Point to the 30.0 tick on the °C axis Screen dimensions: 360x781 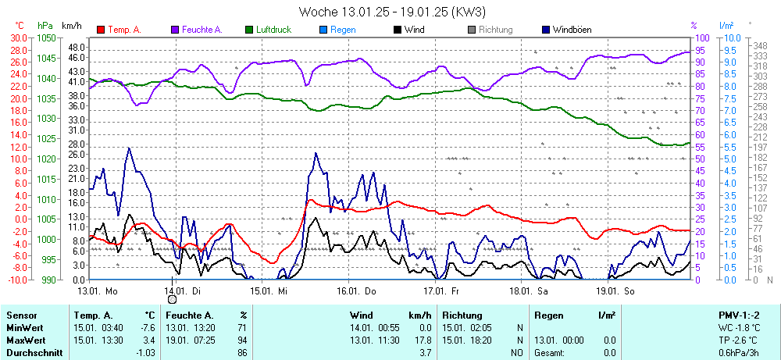point(18,37)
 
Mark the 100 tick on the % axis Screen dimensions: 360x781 point(702,37)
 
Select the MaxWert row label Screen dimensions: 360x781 point(25,341)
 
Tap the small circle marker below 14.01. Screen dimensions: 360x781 point(172,299)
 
